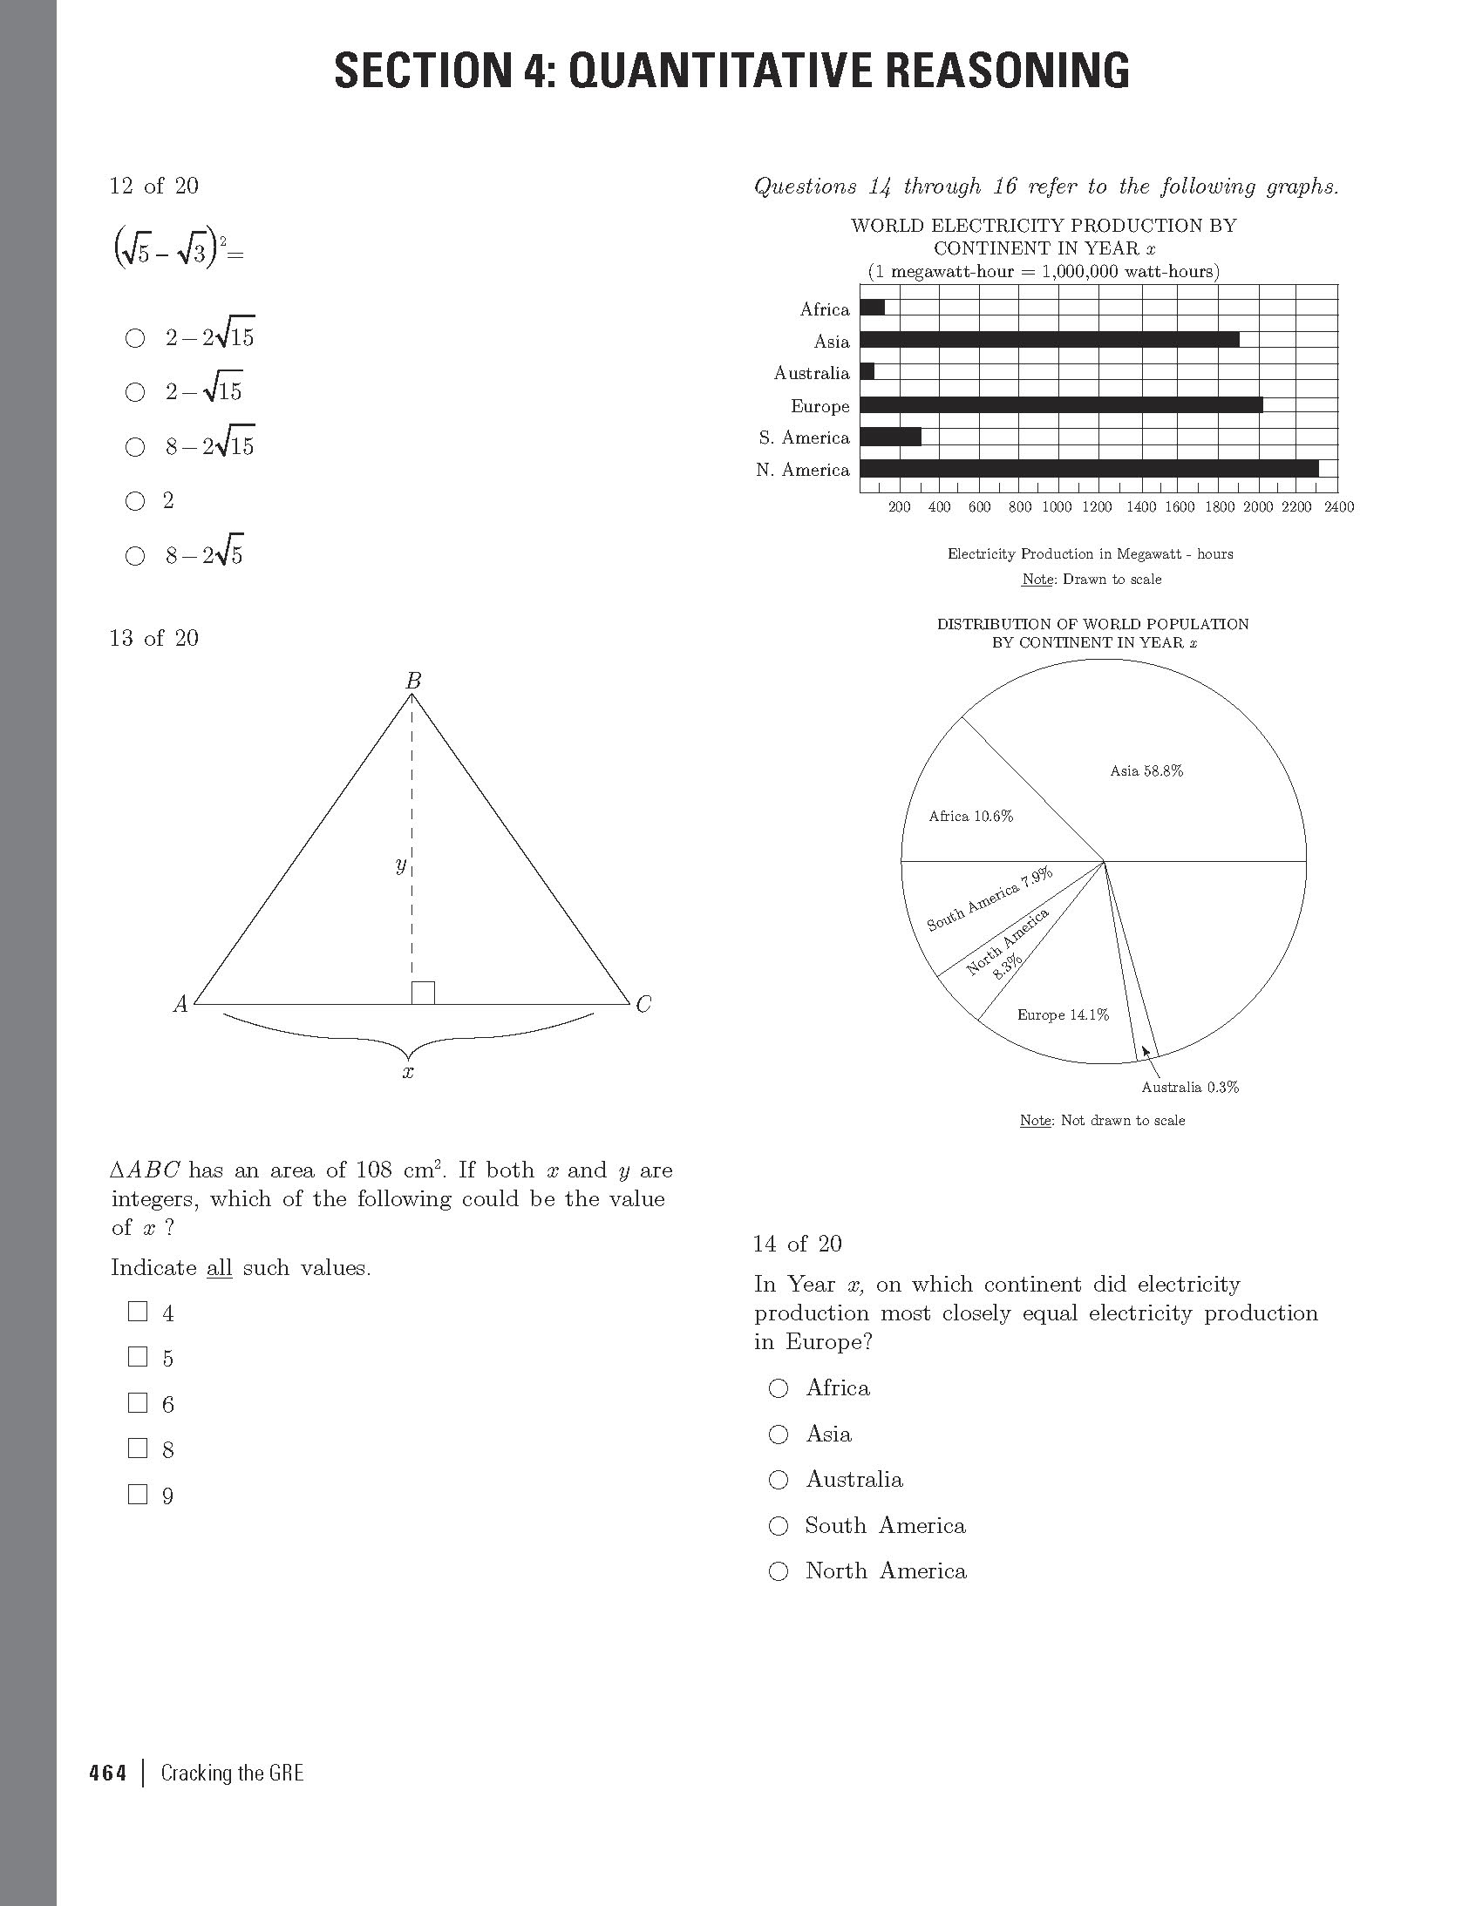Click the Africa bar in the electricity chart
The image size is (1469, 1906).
pos(872,307)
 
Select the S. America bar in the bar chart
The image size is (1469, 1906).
pos(890,437)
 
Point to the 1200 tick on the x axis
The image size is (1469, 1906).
pos(1096,507)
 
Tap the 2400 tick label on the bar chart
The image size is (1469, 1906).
pos(1338,507)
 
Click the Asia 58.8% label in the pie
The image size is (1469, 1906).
pos(1146,770)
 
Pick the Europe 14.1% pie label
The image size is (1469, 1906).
pos(1062,1015)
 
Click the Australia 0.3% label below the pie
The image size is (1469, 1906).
pos(1190,1088)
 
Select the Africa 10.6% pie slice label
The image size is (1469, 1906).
pos(970,817)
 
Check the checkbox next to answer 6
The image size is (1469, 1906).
pos(138,1402)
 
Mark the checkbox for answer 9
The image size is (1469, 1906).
pos(138,1494)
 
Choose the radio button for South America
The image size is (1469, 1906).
pos(778,1525)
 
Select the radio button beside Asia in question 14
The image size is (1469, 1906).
pos(778,1434)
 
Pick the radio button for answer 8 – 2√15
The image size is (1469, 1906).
pos(135,447)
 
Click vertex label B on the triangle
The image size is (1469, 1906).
pos(414,681)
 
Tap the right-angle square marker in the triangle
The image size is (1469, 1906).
pos(424,993)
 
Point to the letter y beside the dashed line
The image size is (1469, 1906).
pos(400,865)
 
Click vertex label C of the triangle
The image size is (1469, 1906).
pos(643,1005)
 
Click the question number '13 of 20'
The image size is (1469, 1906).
pos(154,638)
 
